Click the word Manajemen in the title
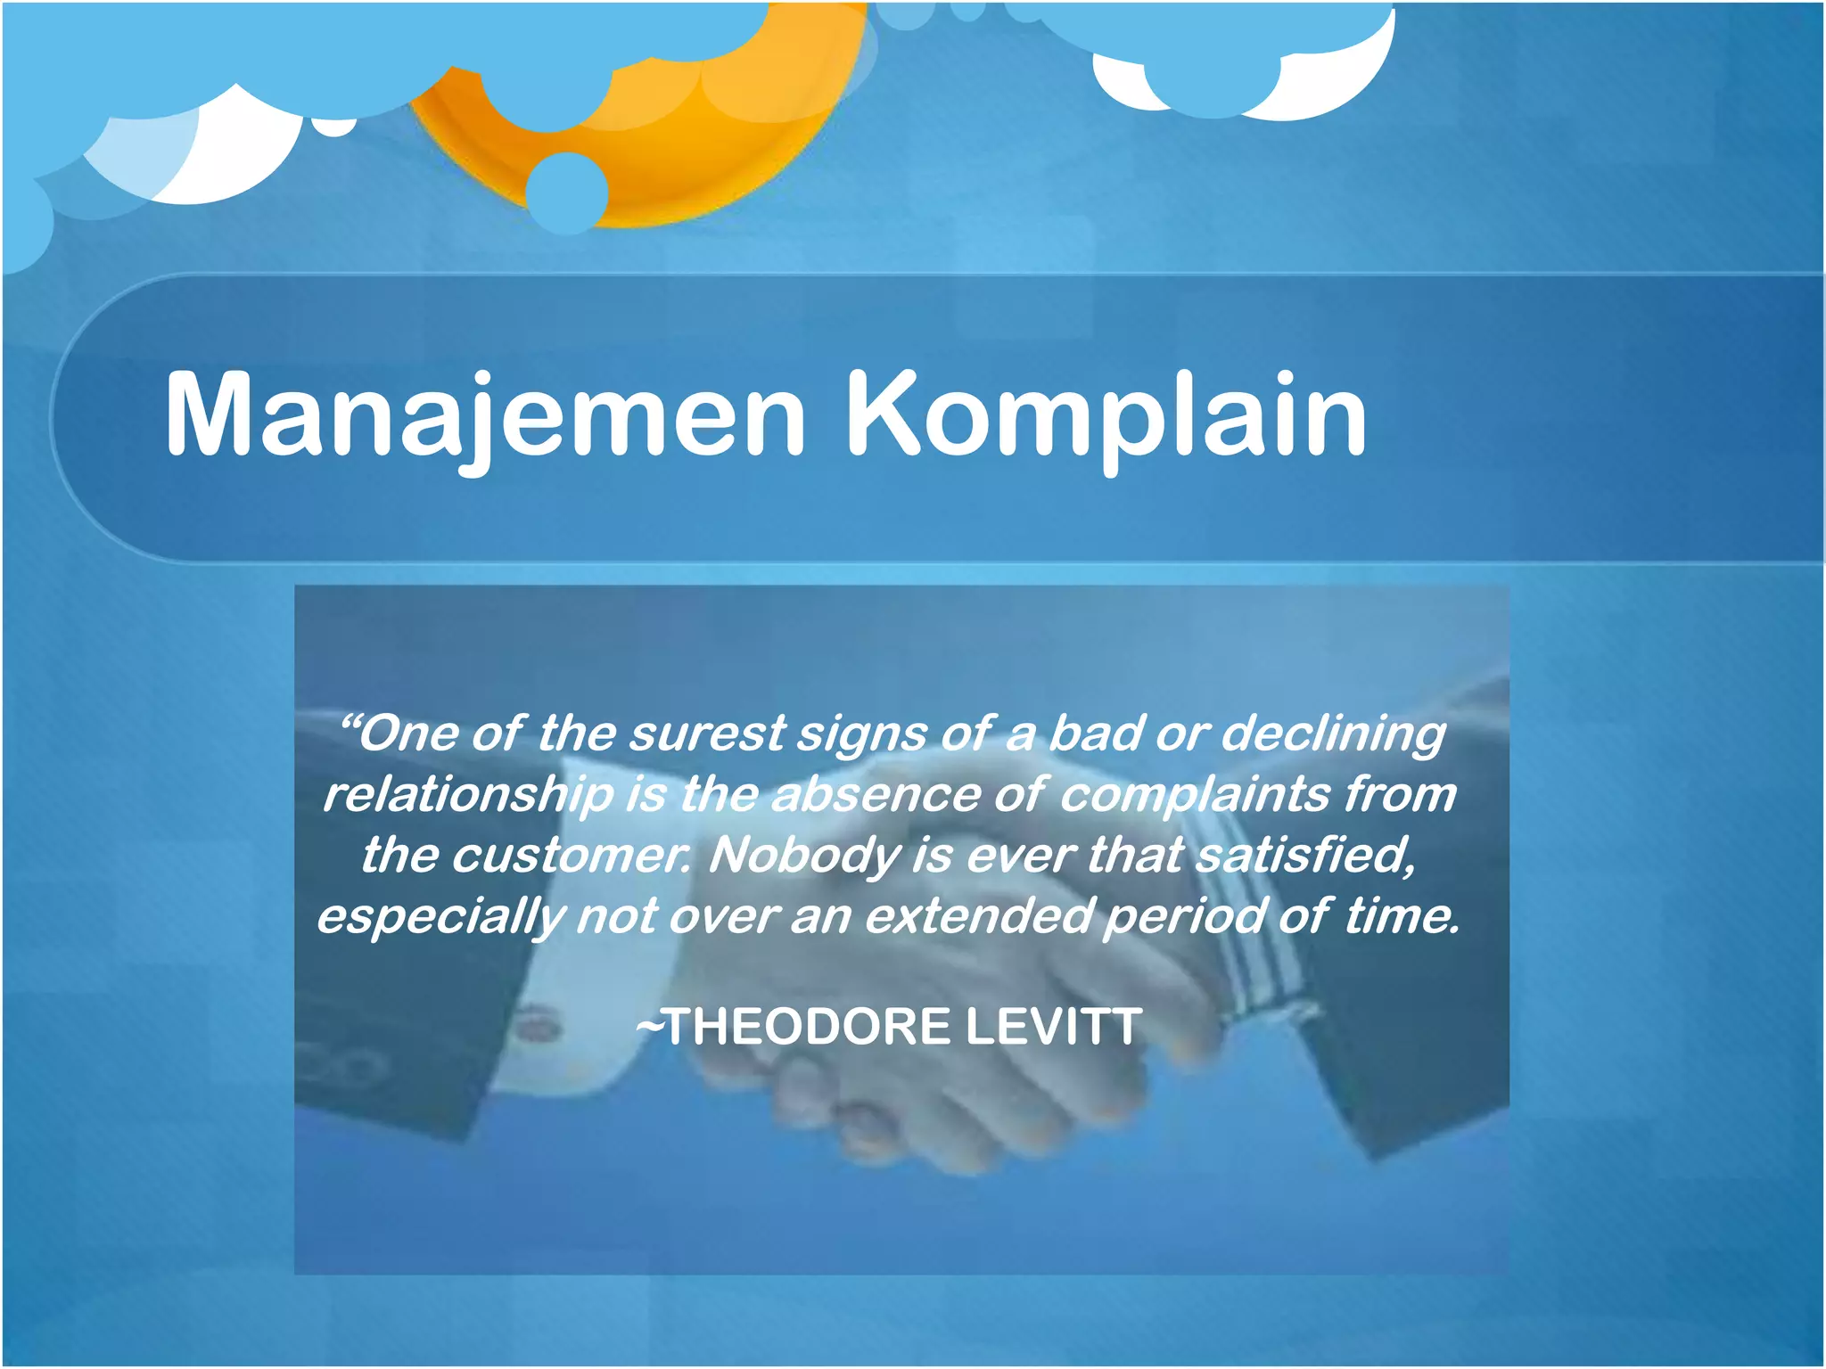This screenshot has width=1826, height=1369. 486,414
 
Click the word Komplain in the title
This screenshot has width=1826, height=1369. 1106,414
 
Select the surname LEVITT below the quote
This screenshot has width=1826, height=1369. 1052,1026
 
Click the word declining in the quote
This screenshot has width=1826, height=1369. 1332,735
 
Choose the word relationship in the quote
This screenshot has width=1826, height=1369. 468,795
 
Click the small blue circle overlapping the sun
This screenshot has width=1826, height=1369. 566,192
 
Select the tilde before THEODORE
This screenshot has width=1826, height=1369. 650,1027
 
